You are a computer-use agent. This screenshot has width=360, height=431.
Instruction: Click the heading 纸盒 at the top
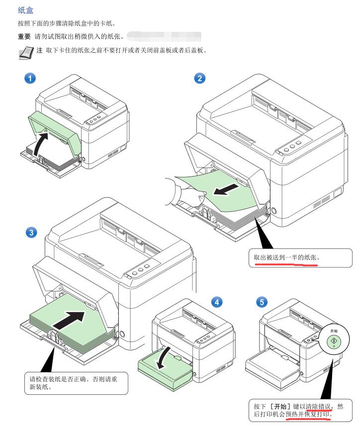tap(25, 10)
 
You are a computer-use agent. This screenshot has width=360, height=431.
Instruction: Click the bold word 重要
tap(25, 37)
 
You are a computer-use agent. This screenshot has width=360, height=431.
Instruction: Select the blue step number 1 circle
tap(31, 79)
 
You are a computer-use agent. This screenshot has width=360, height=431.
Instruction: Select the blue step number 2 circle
tap(199, 79)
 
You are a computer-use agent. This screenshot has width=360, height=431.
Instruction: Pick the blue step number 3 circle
tap(31, 232)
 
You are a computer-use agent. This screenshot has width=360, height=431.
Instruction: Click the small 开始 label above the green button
tap(334, 331)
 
